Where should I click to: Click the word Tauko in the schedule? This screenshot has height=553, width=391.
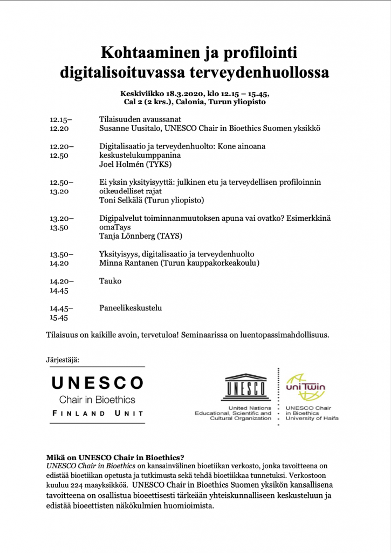pyautogui.click(x=110, y=281)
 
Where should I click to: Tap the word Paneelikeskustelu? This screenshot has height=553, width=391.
pyautogui.click(x=131, y=308)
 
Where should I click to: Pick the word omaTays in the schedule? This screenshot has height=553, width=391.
pyautogui.click(x=115, y=227)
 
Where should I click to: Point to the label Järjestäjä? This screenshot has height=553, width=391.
pyautogui.click(x=63, y=359)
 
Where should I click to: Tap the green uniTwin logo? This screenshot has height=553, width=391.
pyautogui.click(x=305, y=385)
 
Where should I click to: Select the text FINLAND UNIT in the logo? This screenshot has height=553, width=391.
pyautogui.click(x=98, y=414)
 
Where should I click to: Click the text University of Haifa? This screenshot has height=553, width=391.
pyautogui.click(x=312, y=419)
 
